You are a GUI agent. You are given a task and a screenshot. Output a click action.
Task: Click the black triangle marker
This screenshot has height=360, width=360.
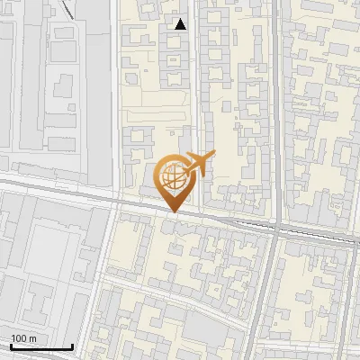[x=180, y=24]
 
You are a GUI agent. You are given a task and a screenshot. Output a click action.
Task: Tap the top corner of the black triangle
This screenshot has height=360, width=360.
[x=180, y=18]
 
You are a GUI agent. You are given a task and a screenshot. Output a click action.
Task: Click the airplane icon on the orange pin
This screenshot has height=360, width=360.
[x=197, y=164]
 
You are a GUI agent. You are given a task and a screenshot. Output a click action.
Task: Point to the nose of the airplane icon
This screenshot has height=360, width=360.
[x=211, y=157]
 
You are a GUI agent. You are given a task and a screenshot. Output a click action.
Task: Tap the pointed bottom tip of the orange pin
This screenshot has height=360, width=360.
[x=174, y=212]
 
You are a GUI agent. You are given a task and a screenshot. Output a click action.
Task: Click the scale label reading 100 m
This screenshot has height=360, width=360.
[x=22, y=337]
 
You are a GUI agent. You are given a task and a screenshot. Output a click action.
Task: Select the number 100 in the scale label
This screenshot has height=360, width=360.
[x=18, y=337]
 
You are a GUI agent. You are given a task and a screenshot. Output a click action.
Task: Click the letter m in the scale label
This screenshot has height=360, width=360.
[x=32, y=337]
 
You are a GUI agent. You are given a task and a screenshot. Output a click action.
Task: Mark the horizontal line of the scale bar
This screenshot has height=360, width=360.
[x=40, y=347]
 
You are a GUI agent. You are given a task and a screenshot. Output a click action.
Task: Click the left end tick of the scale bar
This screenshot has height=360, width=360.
[x=10, y=345]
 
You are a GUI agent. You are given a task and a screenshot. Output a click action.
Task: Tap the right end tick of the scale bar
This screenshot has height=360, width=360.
[x=72, y=345]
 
